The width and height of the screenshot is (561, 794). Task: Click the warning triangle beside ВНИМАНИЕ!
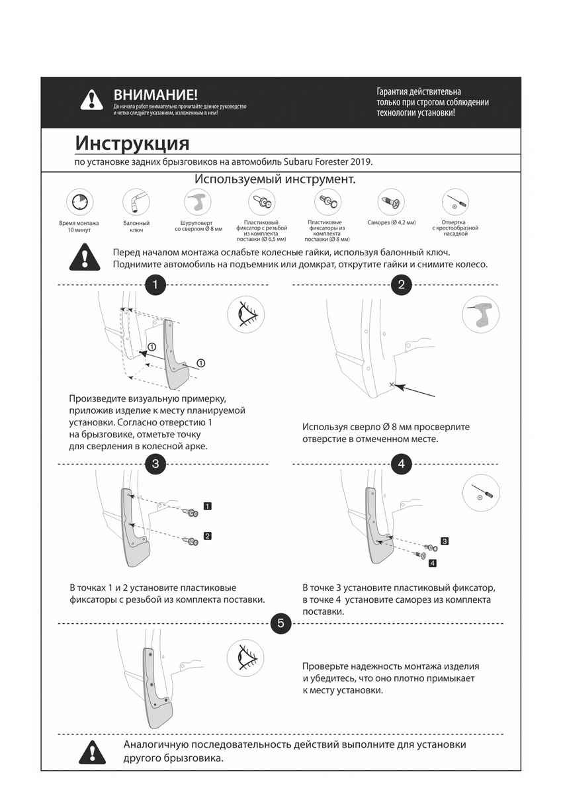(x=91, y=101)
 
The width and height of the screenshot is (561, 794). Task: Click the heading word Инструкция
(x=132, y=143)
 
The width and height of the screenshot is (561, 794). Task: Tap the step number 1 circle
(x=155, y=285)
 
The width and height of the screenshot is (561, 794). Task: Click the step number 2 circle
(x=402, y=285)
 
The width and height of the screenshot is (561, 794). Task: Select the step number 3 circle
(x=155, y=463)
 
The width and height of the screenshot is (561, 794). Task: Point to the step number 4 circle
(x=402, y=463)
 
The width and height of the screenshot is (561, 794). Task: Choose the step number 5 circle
(x=280, y=623)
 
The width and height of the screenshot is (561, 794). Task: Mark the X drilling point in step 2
(x=392, y=384)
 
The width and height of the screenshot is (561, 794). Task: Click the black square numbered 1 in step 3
(x=208, y=506)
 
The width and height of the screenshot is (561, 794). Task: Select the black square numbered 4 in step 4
(x=432, y=563)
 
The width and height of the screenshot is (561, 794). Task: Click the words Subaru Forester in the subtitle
(x=316, y=161)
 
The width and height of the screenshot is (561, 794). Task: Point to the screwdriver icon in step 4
(x=481, y=493)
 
